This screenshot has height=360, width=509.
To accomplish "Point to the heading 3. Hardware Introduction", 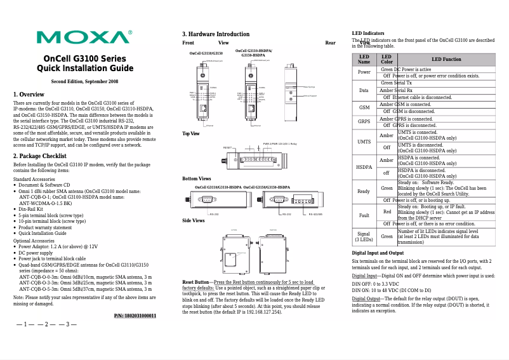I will pos(216,34).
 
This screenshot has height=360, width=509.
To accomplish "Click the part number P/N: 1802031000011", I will pos(135,316).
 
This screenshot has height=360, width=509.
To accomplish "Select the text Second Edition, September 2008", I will pos(84,82).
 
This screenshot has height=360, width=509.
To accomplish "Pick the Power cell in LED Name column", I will pos(364,72).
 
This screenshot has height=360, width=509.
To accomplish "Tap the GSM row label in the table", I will pos(364,107).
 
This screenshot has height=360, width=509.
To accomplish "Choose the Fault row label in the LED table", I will pos(364,215).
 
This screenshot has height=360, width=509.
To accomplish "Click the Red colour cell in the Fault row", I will pos(387,211).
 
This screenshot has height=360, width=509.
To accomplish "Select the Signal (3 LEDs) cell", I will pos(364,237).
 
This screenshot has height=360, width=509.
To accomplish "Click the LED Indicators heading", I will pos(368,33).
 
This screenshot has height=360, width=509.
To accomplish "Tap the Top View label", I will pos(191,134).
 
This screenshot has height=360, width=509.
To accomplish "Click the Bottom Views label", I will pos(197,179).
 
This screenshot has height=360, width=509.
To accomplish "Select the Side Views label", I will pos(194,220).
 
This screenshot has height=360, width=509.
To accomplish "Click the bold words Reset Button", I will pos(195,281).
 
